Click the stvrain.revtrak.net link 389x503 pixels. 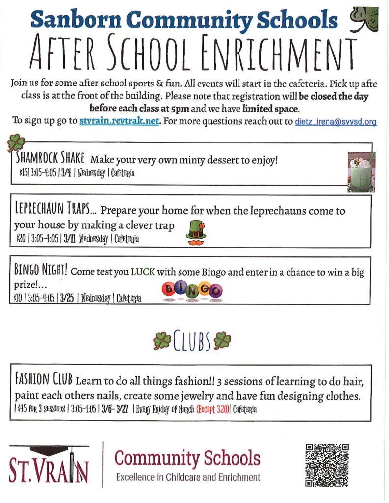coord(119,122)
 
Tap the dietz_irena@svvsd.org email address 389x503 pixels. coord(335,122)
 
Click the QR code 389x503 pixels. coord(327,465)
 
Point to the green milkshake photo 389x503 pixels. coord(361,171)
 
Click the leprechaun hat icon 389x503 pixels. coord(196,230)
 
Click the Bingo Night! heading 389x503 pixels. coord(41,271)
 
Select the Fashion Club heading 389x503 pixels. coord(44,380)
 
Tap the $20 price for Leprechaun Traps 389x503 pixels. coord(21,239)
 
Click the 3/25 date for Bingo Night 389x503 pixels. coord(66,298)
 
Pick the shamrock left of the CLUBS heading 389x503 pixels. coord(162,340)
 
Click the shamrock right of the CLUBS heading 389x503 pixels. coord(222,339)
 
